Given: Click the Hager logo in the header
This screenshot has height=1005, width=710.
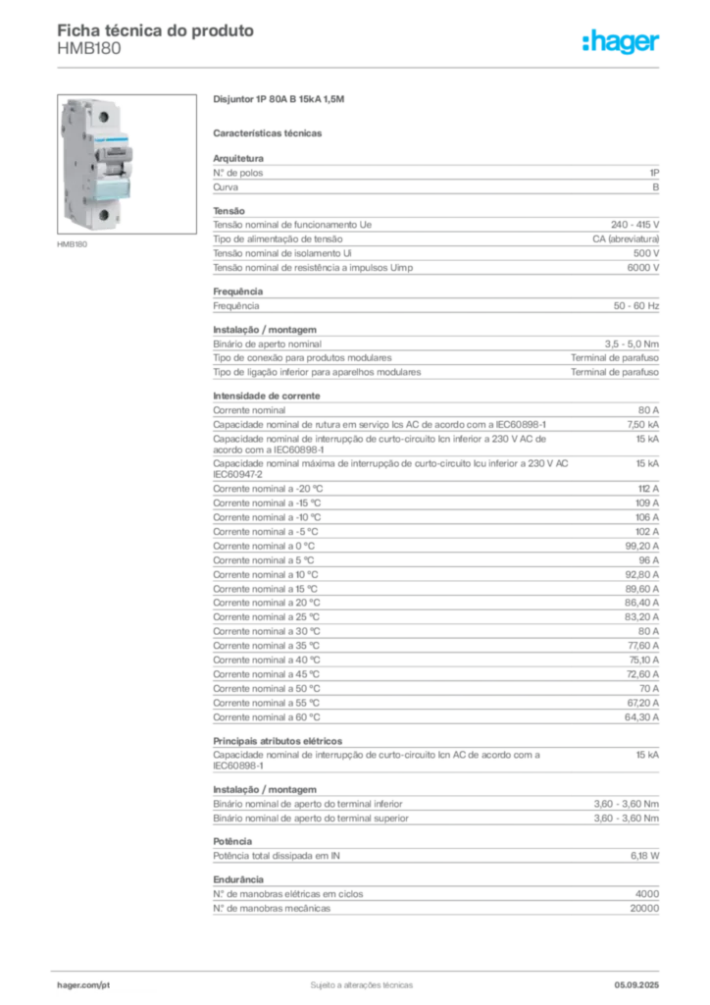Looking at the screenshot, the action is coord(621,42).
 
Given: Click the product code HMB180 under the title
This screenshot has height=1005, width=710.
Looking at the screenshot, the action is coord(89,49).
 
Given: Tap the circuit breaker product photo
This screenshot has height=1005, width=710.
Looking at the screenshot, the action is coord(127,164).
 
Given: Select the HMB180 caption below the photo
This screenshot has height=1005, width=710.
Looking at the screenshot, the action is coord(72,244).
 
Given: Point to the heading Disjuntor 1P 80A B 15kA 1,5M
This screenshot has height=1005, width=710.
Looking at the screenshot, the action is coord(279,99).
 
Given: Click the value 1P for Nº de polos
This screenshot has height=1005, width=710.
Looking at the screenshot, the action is coord(654,173).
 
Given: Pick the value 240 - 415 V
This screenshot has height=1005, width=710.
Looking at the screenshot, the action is coord(635,225).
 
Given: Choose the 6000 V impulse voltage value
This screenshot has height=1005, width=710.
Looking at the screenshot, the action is coord(642,268).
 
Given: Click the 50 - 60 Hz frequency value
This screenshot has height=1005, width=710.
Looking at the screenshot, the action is coord(636,306).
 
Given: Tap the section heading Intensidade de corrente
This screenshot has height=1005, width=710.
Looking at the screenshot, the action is coord(267,397).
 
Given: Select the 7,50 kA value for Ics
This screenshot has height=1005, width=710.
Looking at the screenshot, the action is coord(642,425).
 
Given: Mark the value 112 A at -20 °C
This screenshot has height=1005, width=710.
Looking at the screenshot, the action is coord(648,489).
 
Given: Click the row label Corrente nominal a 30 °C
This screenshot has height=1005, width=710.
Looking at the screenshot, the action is coord(267,632).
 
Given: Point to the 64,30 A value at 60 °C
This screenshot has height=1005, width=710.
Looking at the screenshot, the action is coord(641,717).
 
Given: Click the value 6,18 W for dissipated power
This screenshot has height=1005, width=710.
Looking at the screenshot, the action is coord(644,856).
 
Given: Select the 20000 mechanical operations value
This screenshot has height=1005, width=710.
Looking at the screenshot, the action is coord(644,909).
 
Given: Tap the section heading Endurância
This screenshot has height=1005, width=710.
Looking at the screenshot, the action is coord(238,880).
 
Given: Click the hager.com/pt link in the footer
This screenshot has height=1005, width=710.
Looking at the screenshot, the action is coord(83,985).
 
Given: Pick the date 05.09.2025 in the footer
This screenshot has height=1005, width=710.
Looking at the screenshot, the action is coord(636,985).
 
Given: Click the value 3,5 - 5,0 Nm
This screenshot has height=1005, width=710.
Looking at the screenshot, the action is coord(632,344).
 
